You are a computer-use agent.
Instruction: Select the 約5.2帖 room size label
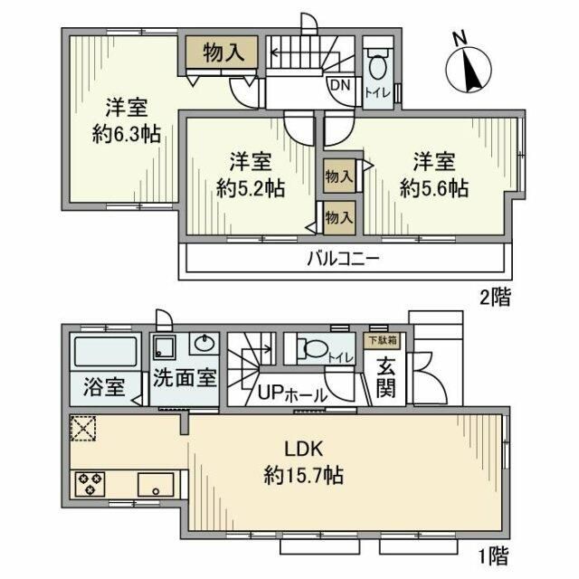(251, 188)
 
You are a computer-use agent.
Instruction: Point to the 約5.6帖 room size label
(434, 188)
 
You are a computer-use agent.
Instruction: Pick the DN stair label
(339, 85)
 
